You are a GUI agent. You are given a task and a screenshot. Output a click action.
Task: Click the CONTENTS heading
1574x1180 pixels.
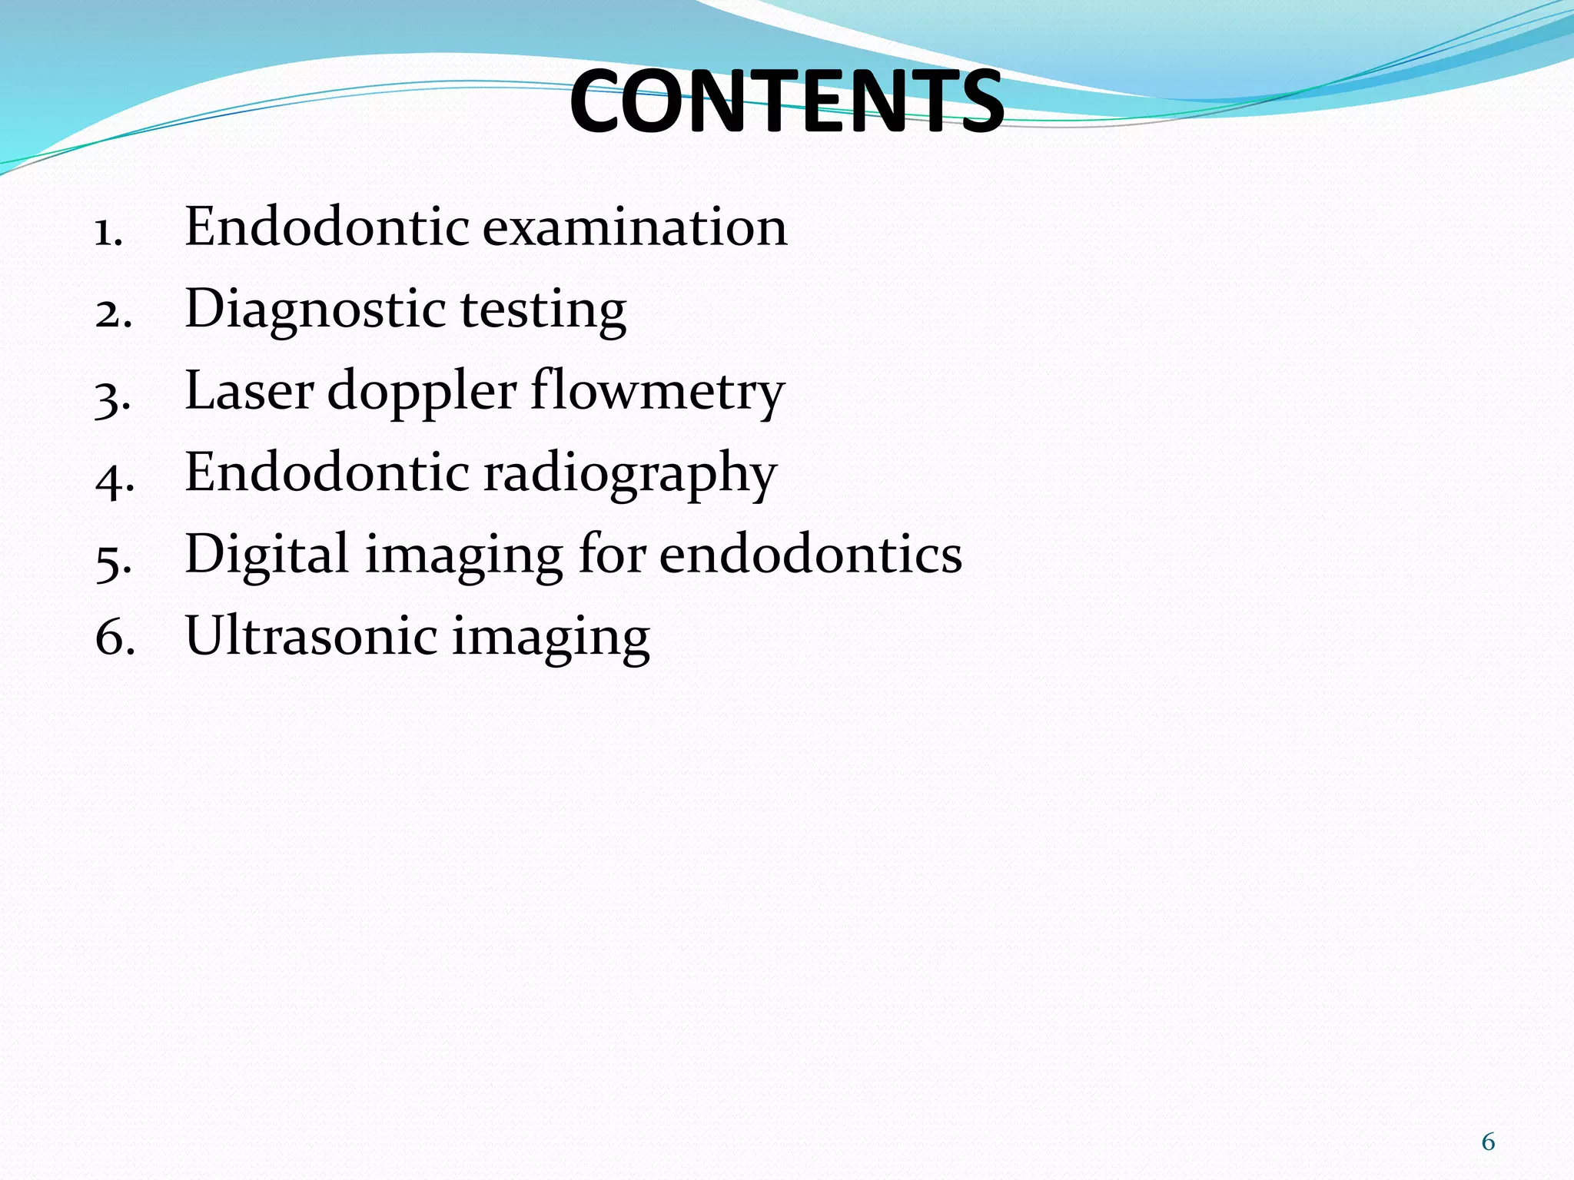tap(786, 102)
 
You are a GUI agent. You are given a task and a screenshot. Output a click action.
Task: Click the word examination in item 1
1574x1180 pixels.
tap(635, 227)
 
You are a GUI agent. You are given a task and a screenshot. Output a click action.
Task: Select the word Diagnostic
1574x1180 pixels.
tap(315, 310)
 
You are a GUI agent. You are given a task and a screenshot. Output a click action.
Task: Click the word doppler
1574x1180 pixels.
tap(421, 393)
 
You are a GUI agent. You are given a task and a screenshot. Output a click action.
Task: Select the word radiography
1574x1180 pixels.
tap(630, 474)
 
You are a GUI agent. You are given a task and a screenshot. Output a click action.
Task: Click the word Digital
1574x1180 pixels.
tap(267, 555)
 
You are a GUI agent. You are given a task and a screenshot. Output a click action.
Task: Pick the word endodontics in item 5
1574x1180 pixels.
tap(810, 554)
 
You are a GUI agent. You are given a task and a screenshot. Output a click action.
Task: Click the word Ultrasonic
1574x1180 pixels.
tap(310, 636)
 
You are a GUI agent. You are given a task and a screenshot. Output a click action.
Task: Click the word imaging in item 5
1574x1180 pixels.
tap(463, 557)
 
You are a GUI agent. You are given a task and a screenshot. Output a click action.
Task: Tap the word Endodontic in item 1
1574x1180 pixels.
tap(327, 227)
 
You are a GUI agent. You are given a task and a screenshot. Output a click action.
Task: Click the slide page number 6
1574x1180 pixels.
tap(1488, 1142)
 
